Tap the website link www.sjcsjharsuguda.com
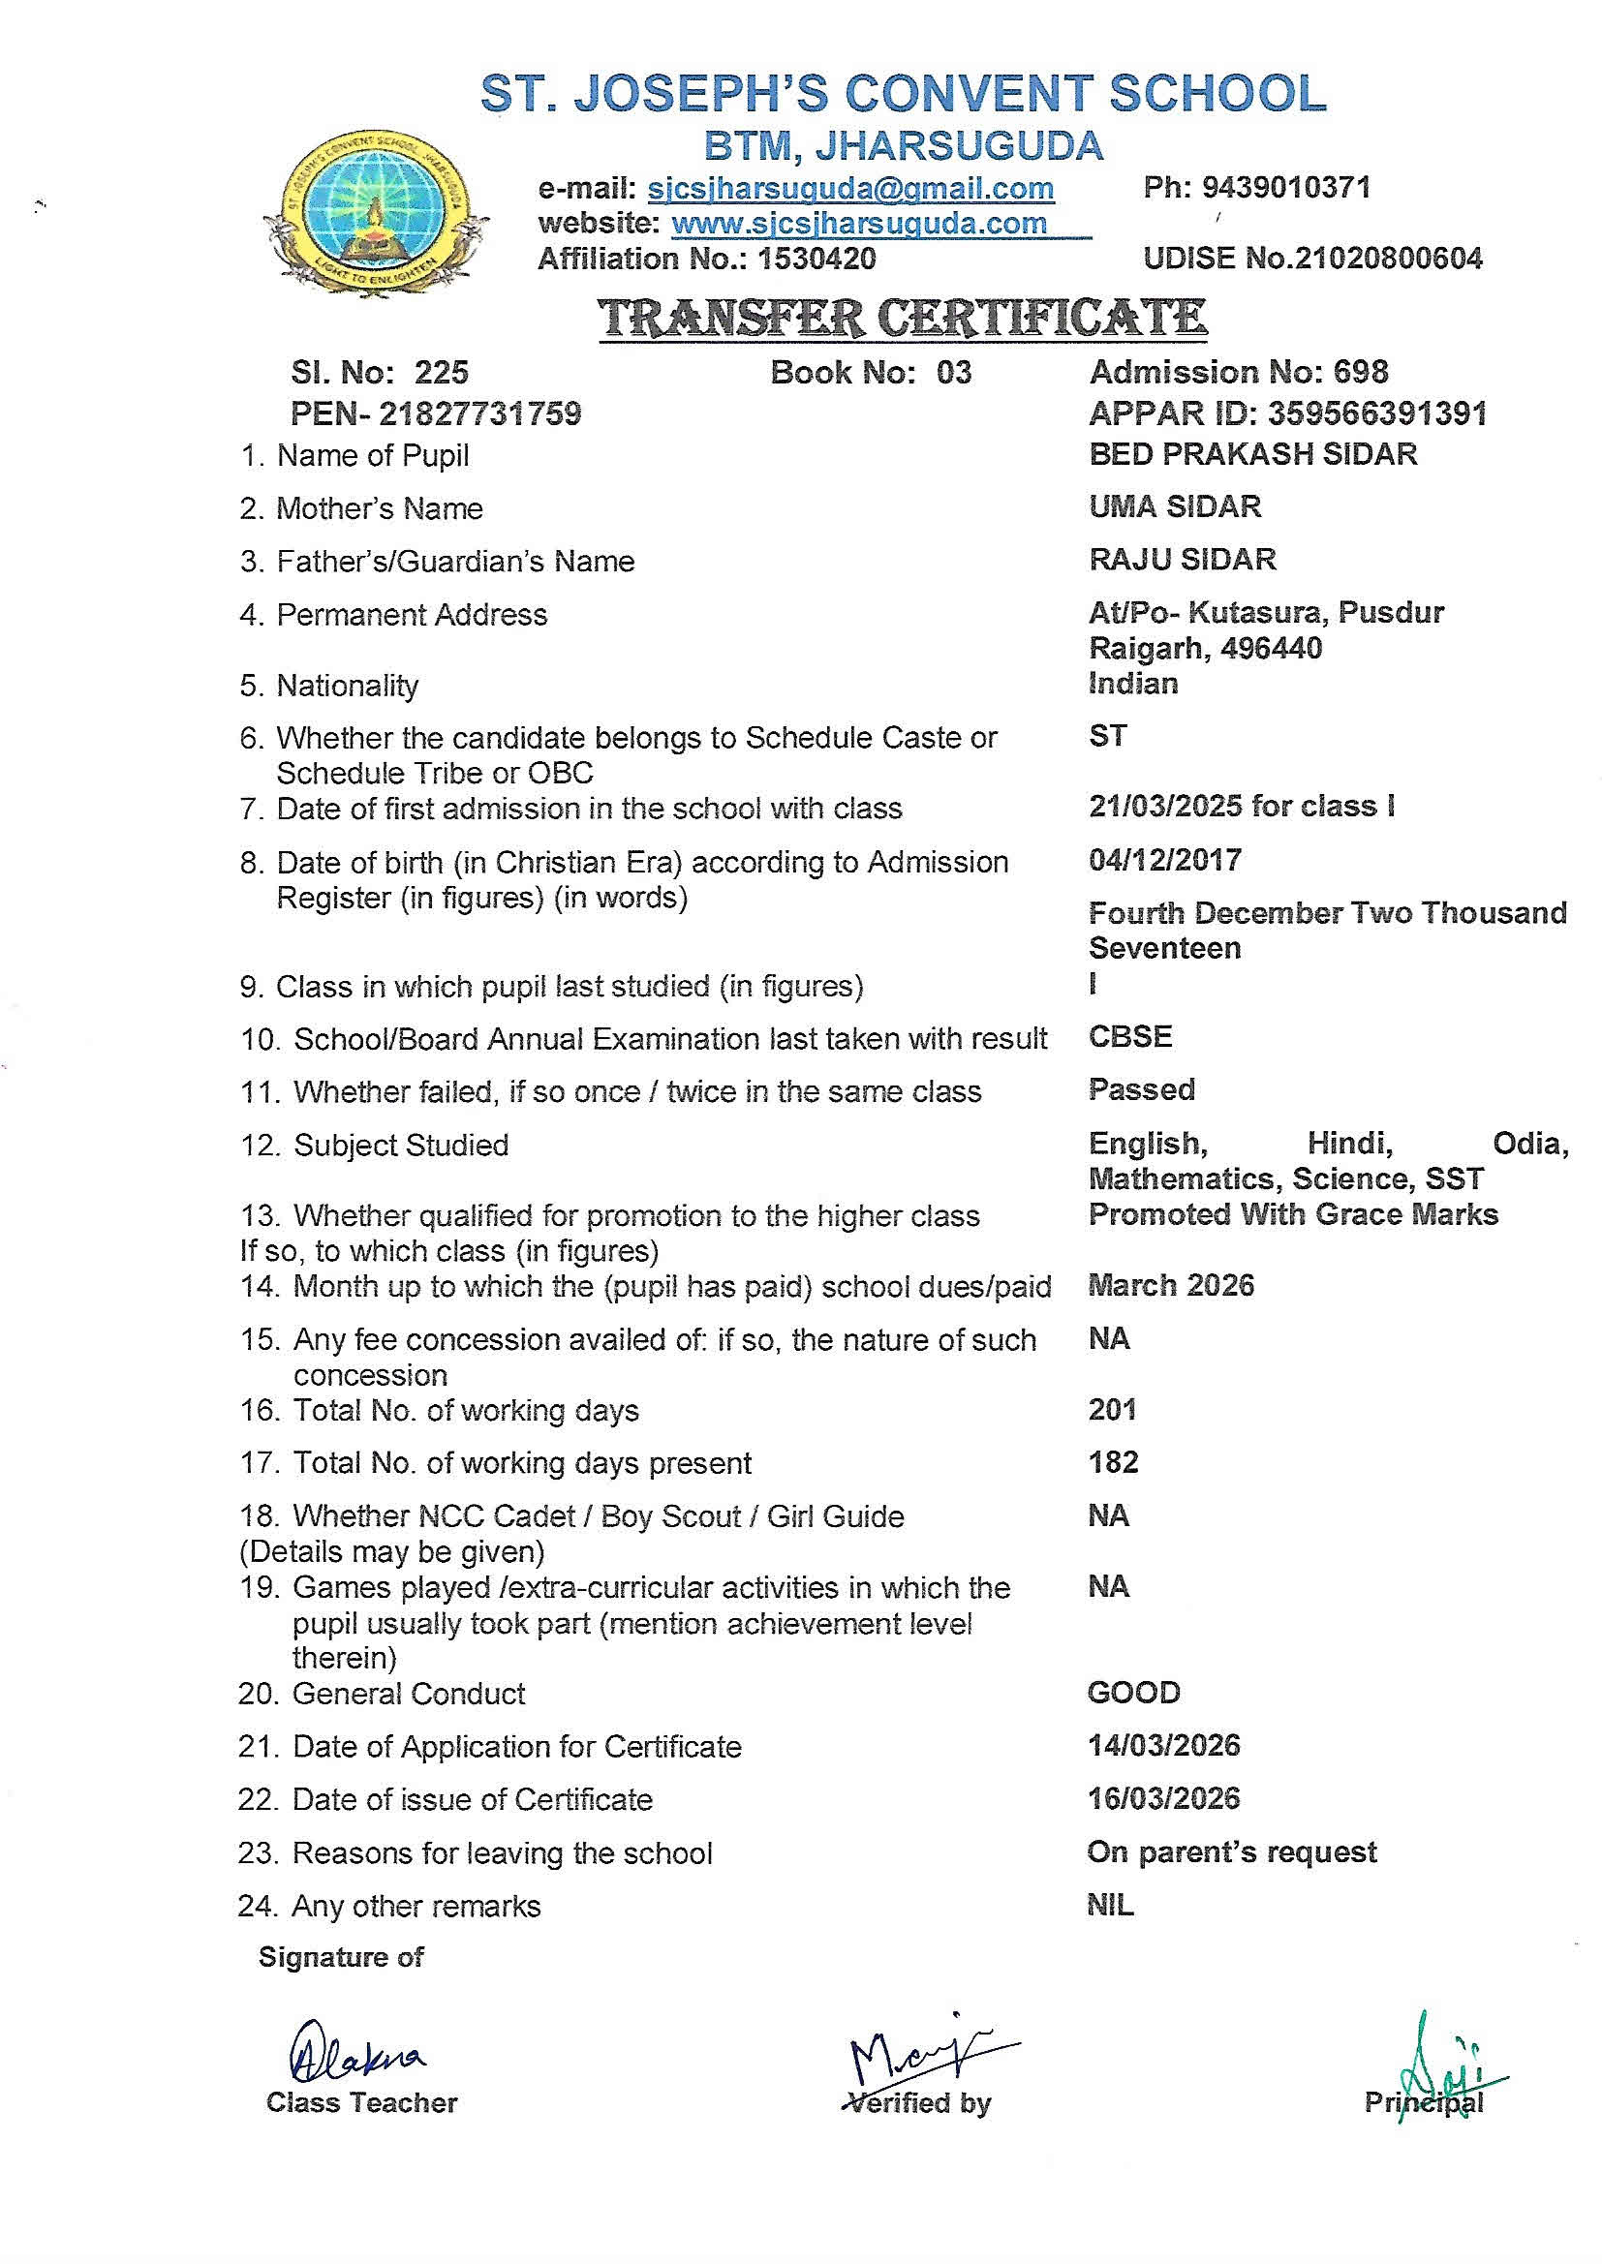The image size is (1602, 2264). coord(858,224)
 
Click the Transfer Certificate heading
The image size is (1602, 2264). coord(903,318)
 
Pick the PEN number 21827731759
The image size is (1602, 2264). coord(480,413)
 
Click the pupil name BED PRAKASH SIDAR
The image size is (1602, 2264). coord(1252,453)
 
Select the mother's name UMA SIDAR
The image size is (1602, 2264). coord(1175,506)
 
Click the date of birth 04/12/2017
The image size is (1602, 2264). coord(1165,860)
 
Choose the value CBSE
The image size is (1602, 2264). coord(1130,1036)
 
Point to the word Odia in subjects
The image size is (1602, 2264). coord(1530,1143)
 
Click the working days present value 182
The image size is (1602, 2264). coord(1114,1461)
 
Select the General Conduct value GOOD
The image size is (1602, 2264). coord(1133,1692)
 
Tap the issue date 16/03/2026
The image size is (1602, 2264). coord(1164,1797)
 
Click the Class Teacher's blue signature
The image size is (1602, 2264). coord(355,2055)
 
